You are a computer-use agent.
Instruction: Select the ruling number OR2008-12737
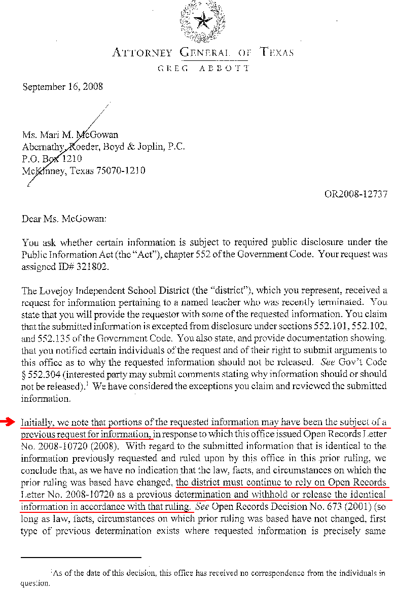356,194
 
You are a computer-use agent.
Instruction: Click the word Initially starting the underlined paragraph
37,422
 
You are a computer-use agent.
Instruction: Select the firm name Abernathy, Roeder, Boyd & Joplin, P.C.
103,147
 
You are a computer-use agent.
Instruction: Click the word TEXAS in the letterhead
276,53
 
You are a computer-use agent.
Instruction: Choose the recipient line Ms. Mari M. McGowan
70,134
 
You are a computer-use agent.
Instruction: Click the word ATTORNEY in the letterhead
142,53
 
